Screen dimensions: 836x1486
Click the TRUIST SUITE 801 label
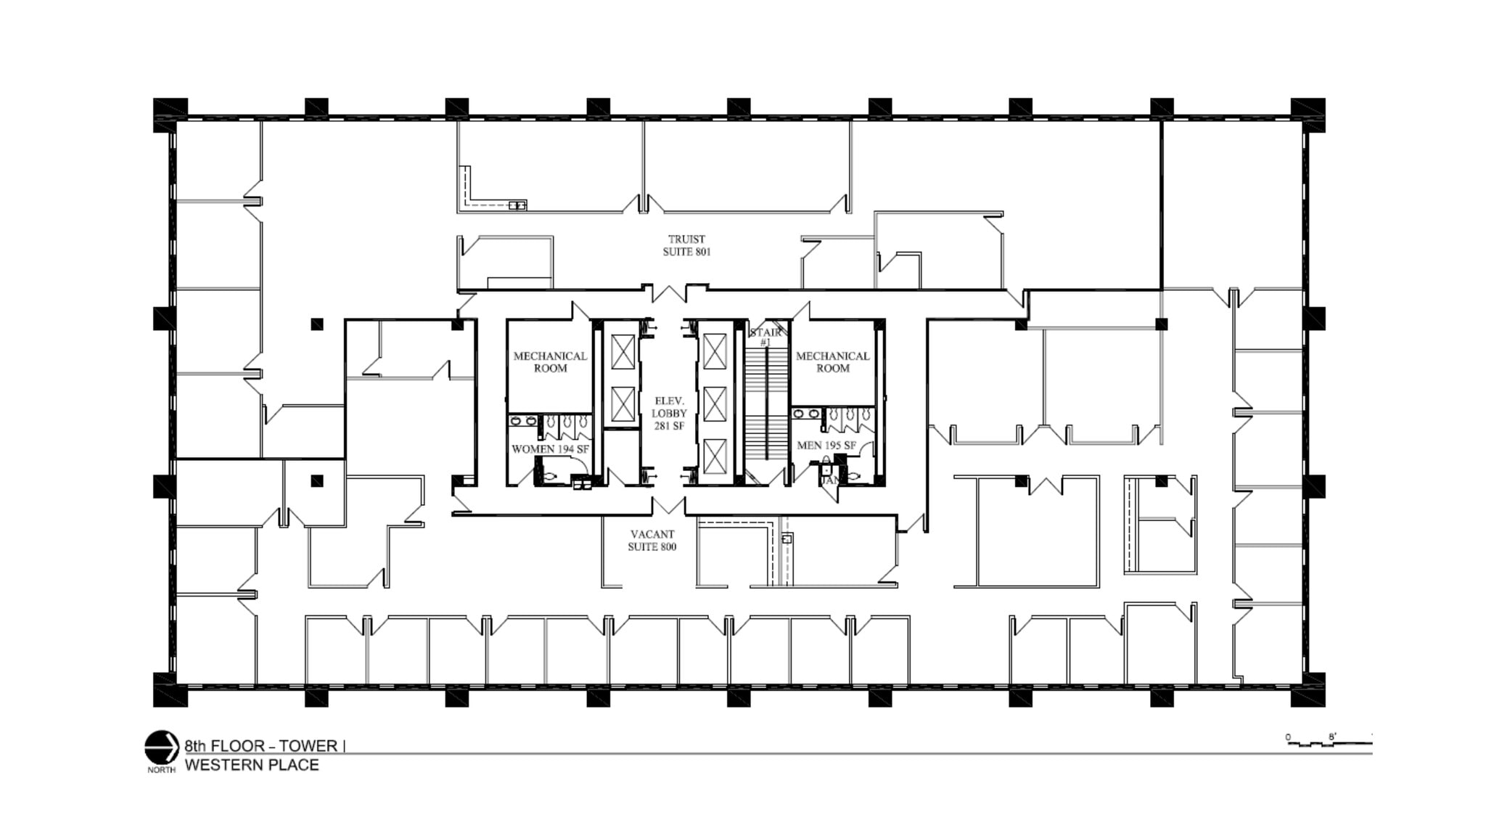(686, 245)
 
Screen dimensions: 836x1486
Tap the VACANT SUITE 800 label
(652, 540)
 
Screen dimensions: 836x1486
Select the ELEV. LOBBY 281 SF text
(669, 413)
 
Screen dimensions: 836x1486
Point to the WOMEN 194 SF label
(550, 449)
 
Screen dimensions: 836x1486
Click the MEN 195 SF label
(826, 445)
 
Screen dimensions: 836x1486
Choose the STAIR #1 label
(765, 337)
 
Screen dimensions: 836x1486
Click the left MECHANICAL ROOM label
(550, 361)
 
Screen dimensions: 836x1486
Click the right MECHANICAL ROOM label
(832, 361)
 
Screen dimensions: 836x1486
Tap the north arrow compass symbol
(161, 747)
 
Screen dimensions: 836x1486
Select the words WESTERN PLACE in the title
(252, 765)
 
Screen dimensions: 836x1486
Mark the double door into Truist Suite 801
(668, 293)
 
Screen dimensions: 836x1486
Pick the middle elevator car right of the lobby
(714, 403)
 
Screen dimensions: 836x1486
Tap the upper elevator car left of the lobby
(623, 351)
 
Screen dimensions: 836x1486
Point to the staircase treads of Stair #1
(766, 406)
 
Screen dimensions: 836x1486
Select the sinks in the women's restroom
(522, 421)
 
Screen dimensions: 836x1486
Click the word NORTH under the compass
(161, 770)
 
